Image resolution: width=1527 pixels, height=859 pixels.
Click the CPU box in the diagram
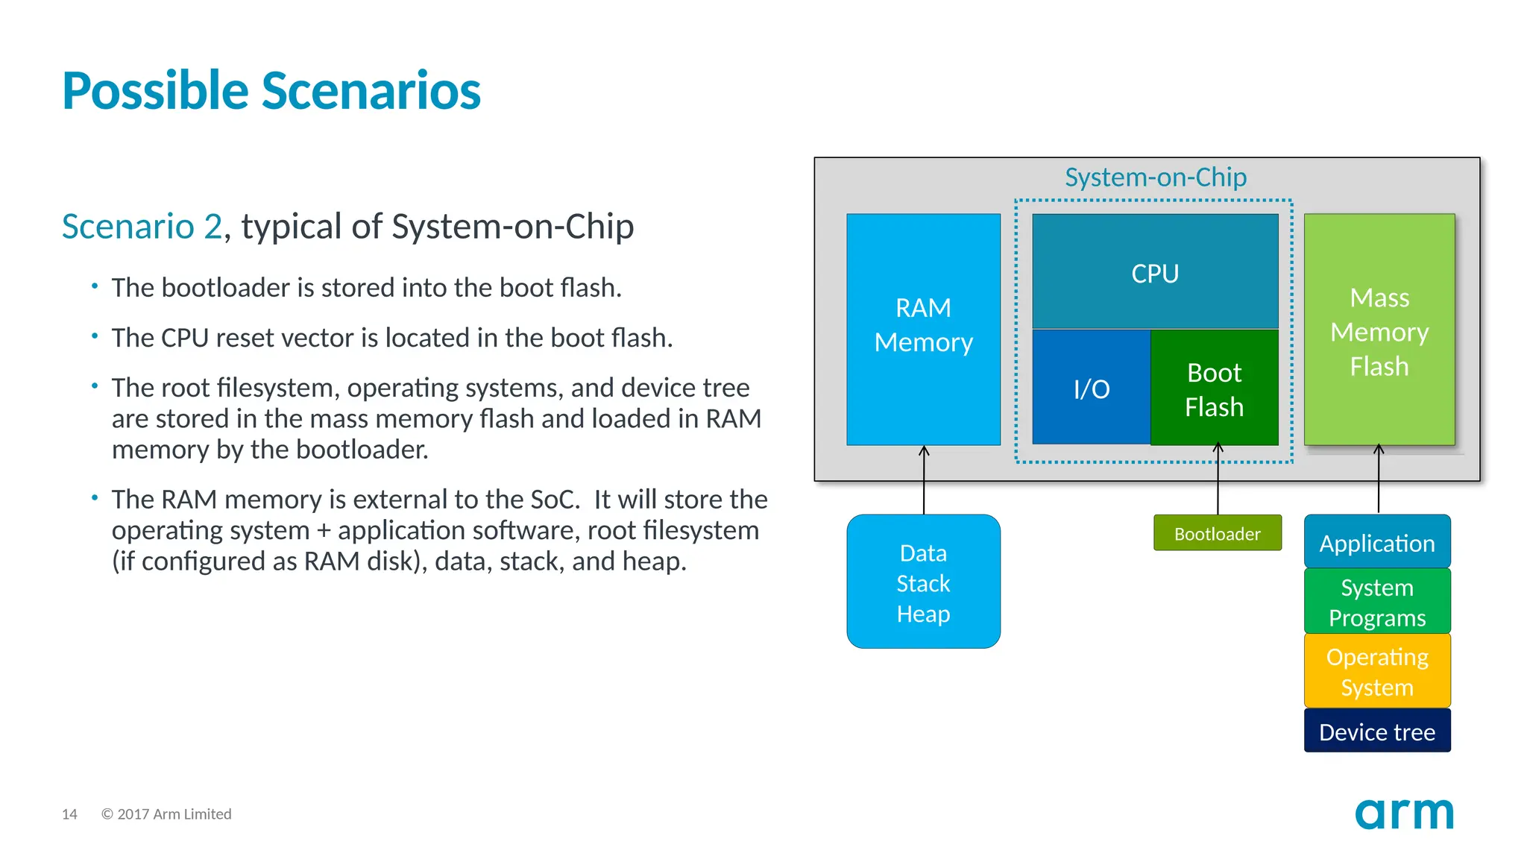coord(1154,272)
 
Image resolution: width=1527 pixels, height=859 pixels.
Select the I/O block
coord(1091,388)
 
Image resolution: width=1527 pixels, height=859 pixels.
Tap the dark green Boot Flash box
coord(1214,388)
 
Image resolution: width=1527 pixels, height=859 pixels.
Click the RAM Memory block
coord(923,328)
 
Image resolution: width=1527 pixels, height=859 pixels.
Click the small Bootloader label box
coord(1217,533)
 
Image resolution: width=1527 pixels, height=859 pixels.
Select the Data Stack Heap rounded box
coord(923,582)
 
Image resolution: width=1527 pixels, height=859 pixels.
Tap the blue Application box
coord(1376,542)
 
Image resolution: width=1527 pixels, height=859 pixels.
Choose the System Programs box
coord(1376,602)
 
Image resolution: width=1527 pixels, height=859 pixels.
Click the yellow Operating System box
coord(1376,671)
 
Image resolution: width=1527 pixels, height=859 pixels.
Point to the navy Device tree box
coord(1376,731)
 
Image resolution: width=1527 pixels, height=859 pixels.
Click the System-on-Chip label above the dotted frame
coord(1155,177)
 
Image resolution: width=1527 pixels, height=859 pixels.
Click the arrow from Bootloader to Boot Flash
coord(1218,481)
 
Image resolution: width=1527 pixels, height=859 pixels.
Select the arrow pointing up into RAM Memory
coord(924,481)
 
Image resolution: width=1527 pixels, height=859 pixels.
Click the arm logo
coord(1403,813)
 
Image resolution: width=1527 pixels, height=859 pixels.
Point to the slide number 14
coord(69,814)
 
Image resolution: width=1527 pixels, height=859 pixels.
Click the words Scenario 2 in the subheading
coord(142,227)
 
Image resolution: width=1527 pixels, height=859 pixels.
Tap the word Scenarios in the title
coord(371,91)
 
